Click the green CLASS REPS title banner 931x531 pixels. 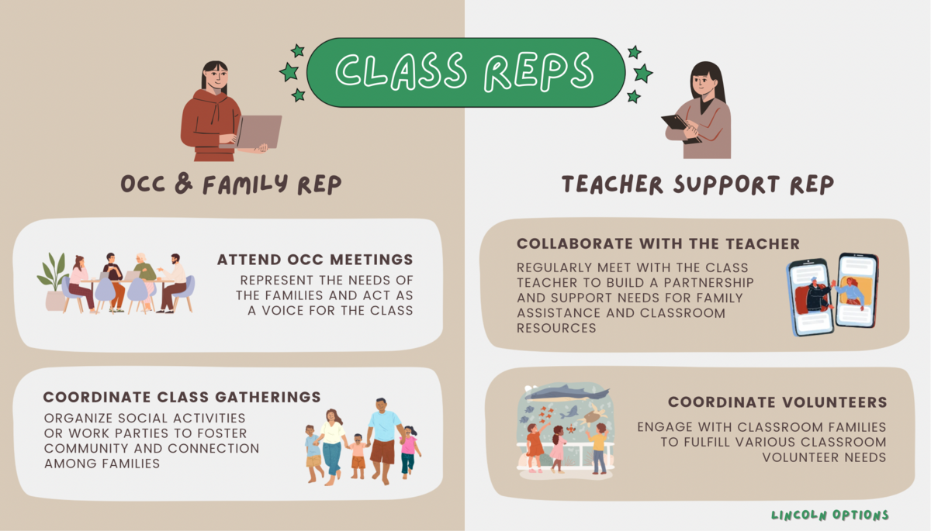point(466,73)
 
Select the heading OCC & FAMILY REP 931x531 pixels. point(231,184)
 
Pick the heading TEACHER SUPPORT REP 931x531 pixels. point(697,184)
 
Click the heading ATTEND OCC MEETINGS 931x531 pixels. point(315,260)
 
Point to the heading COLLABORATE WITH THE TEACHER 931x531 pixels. point(659,243)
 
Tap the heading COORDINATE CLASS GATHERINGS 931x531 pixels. point(182,397)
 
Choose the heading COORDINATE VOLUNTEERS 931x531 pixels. point(777,402)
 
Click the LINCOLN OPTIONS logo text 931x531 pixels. point(829,515)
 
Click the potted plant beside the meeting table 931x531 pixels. point(54,281)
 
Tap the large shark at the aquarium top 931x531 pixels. point(567,392)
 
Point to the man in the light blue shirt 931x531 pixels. point(383,440)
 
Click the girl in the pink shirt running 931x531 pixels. point(410,452)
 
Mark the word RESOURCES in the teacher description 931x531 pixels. point(556,329)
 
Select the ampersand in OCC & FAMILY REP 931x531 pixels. point(184,184)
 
